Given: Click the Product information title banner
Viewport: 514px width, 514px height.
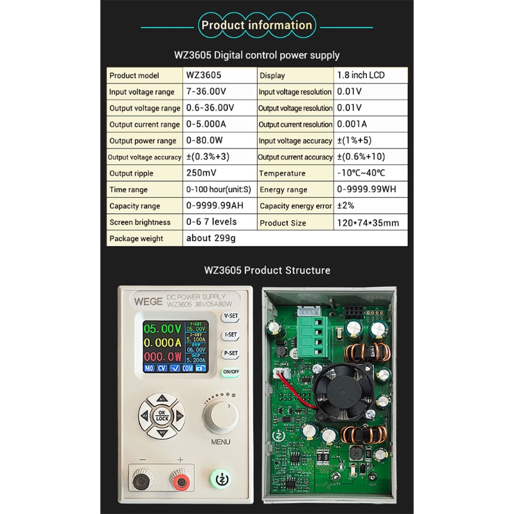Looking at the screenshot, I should tap(256, 26).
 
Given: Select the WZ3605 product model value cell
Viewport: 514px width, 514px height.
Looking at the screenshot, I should tap(204, 75).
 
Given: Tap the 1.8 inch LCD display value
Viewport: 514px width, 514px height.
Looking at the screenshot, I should tap(360, 75).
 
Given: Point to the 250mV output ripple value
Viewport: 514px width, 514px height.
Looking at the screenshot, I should tap(201, 173).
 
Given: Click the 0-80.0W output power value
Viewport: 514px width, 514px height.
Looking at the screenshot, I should tap(204, 140).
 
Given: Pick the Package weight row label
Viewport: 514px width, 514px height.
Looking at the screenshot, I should tap(136, 238).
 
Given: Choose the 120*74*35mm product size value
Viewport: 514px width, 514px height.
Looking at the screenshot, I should tap(368, 222).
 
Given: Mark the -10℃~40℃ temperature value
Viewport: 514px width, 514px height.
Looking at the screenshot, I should tap(361, 173).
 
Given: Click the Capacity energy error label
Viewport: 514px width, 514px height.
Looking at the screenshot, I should tap(296, 206).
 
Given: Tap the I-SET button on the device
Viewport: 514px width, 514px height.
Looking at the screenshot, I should tap(231, 335).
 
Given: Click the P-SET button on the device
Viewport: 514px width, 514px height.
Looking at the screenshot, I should tap(231, 353).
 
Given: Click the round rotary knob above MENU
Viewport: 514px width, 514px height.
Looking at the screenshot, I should tap(220, 416).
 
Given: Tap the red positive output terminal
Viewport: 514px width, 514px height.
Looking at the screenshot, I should tap(179, 480).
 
